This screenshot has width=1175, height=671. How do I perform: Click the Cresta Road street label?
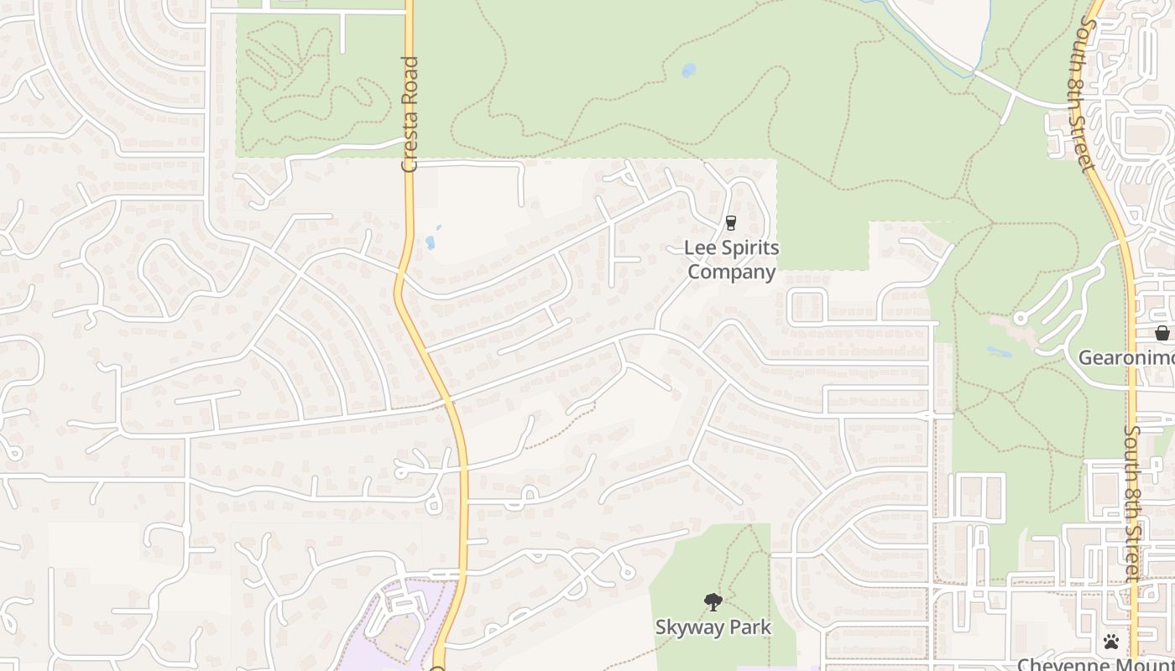pos(410,114)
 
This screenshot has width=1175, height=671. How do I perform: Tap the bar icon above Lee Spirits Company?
pos(730,223)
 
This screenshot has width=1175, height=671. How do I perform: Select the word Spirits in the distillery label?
pos(746,248)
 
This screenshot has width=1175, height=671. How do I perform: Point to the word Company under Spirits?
pos(732,272)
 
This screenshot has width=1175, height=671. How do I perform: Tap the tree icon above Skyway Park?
pos(713,601)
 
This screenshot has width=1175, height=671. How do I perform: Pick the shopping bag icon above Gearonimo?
pos(1162,333)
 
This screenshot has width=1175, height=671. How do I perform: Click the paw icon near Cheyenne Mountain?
pos(1111,642)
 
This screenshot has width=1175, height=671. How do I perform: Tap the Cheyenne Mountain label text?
pos(1095,664)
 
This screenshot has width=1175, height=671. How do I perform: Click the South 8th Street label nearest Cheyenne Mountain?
pos(1133,503)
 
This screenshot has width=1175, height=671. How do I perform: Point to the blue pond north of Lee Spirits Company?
pos(688,70)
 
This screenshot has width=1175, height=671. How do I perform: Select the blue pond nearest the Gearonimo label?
pos(999,351)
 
